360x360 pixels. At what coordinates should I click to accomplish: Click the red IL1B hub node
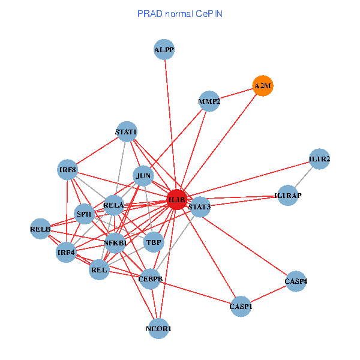pyautogui.click(x=176, y=199)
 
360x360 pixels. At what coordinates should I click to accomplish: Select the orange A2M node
pyautogui.click(x=263, y=86)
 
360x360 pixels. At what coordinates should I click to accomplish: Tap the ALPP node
pyautogui.click(x=164, y=50)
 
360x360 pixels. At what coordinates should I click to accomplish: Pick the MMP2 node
pyautogui.click(x=209, y=102)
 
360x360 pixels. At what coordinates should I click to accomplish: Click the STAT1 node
pyautogui.click(x=126, y=131)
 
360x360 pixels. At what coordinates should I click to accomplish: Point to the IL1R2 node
pyautogui.click(x=320, y=159)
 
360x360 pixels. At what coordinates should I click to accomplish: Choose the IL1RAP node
pyautogui.click(x=288, y=196)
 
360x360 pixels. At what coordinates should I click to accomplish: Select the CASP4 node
pyautogui.click(x=296, y=281)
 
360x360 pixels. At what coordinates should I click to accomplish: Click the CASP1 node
pyautogui.click(x=241, y=307)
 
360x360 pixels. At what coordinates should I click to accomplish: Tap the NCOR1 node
pyautogui.click(x=158, y=329)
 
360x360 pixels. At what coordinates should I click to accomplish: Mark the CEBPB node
pyautogui.click(x=150, y=279)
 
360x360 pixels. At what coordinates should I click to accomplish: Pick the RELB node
pyautogui.click(x=40, y=229)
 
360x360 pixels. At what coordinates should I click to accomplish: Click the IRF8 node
pyautogui.click(x=68, y=170)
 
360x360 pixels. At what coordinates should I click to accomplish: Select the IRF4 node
pyautogui.click(x=66, y=252)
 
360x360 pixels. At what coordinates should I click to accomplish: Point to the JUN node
pyautogui.click(x=143, y=176)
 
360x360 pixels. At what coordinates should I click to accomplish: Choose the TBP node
pyautogui.click(x=154, y=242)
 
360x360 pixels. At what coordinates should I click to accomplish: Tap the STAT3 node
pyautogui.click(x=199, y=207)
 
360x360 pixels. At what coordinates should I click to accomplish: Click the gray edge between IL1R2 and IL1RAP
pyautogui.click(x=304, y=177)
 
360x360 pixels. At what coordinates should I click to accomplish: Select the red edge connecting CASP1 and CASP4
pyautogui.click(x=269, y=294)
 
